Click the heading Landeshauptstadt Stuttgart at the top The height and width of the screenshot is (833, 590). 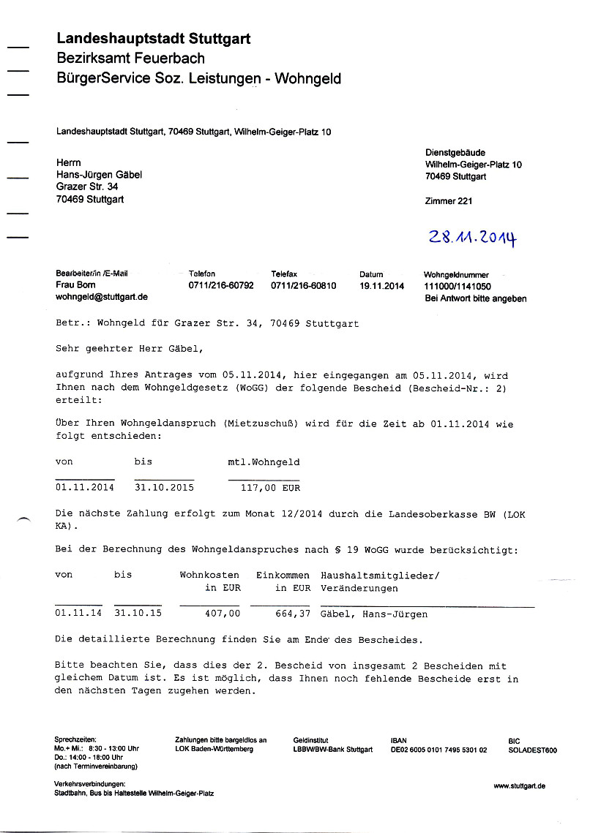pos(153,39)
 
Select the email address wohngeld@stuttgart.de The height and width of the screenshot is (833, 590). pos(102,297)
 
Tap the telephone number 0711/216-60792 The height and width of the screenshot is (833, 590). pos(221,285)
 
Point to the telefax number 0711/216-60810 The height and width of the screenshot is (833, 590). pos(304,285)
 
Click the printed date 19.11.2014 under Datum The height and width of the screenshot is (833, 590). pos(381,285)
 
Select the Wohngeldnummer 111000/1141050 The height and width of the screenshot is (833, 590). pos(458,287)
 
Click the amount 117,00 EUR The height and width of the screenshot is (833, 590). pos(270,488)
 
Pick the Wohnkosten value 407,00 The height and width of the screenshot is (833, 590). pos(223,614)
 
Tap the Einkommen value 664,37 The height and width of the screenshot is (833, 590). pos(293,614)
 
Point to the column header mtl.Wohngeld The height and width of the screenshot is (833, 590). pos(264,462)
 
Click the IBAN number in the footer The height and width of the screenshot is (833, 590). pos(439,750)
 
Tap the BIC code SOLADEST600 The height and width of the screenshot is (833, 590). pos(532,750)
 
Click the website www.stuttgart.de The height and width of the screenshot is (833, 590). pos(520,785)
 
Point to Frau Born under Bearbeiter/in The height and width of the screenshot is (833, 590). pos(75,285)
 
